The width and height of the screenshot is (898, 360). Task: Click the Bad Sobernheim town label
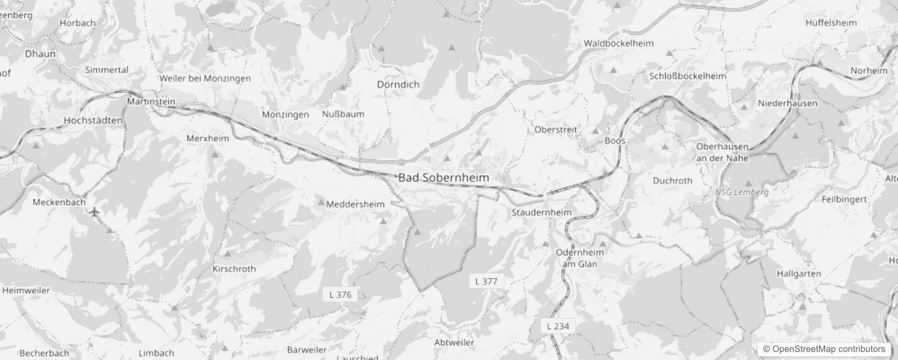pos(444,177)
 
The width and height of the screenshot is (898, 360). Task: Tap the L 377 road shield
pos(486,282)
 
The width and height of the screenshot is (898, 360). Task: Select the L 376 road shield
pos(340,295)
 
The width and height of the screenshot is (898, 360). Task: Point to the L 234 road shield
pos(558,326)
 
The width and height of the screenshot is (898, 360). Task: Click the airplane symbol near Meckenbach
pos(94,211)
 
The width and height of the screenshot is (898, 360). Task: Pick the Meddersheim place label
pos(355,204)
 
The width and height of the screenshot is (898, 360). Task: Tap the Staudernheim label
pos(542,212)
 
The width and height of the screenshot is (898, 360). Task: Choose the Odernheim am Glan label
pos(579,258)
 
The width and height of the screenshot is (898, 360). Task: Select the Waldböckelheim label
pos(619,44)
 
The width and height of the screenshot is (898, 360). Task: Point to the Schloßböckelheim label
pos(687,76)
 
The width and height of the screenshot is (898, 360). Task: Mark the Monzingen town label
pos(285,114)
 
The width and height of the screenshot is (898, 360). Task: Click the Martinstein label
pos(151,102)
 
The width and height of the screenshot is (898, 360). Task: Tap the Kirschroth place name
pos(234,269)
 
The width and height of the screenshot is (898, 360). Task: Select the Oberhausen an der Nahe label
pos(722,153)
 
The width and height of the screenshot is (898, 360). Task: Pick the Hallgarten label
pos(799,274)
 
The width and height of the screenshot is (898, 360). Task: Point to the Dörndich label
pos(398,85)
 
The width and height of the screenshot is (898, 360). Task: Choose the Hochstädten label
pos(93,121)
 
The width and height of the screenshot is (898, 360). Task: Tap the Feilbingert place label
pos(844,199)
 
